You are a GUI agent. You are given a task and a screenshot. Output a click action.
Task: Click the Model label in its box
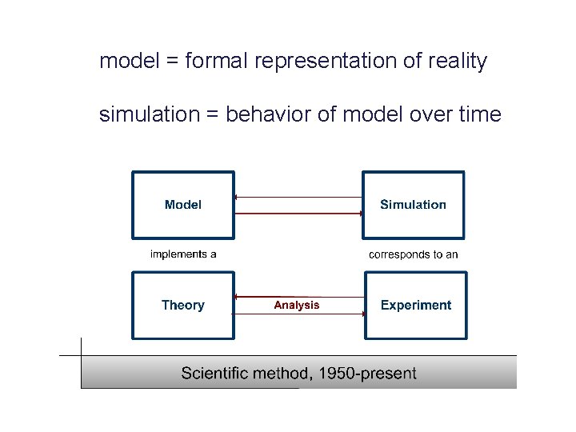coord(182,205)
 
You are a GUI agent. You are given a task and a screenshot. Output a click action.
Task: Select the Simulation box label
coord(413,205)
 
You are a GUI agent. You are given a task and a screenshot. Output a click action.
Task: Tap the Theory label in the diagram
coord(182,305)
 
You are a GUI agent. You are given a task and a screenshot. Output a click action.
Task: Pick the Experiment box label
coord(415,305)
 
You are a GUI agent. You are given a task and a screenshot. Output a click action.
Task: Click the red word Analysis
coord(296,305)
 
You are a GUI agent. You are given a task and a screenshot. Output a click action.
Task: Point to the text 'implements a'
coord(183,254)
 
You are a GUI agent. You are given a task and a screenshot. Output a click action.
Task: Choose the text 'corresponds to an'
coord(413,254)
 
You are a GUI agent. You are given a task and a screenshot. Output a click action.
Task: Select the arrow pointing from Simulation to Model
coord(298,197)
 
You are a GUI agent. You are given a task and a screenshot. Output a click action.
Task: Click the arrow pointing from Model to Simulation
coord(298,213)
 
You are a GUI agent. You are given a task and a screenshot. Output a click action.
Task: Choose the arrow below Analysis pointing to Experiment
coord(298,314)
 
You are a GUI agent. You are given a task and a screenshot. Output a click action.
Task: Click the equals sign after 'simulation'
coord(211,115)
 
